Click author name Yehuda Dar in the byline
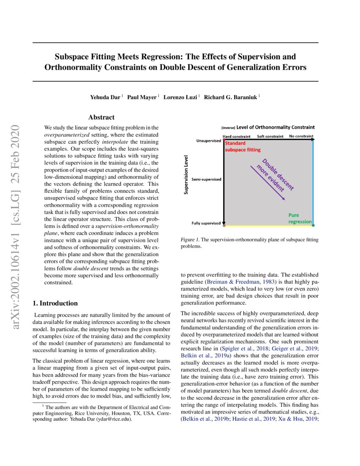(x=105, y=97)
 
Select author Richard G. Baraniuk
(x=231, y=97)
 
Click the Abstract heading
(x=101, y=117)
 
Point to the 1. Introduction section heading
(x=55, y=303)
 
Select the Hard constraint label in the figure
(x=236, y=137)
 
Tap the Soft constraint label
(x=271, y=137)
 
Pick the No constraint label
(x=302, y=137)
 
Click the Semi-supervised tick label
(x=206, y=180)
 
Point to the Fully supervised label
(x=206, y=223)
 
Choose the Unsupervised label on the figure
(x=209, y=141)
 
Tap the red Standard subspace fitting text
(x=242, y=147)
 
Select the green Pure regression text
(x=300, y=218)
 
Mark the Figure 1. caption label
(x=190, y=240)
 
